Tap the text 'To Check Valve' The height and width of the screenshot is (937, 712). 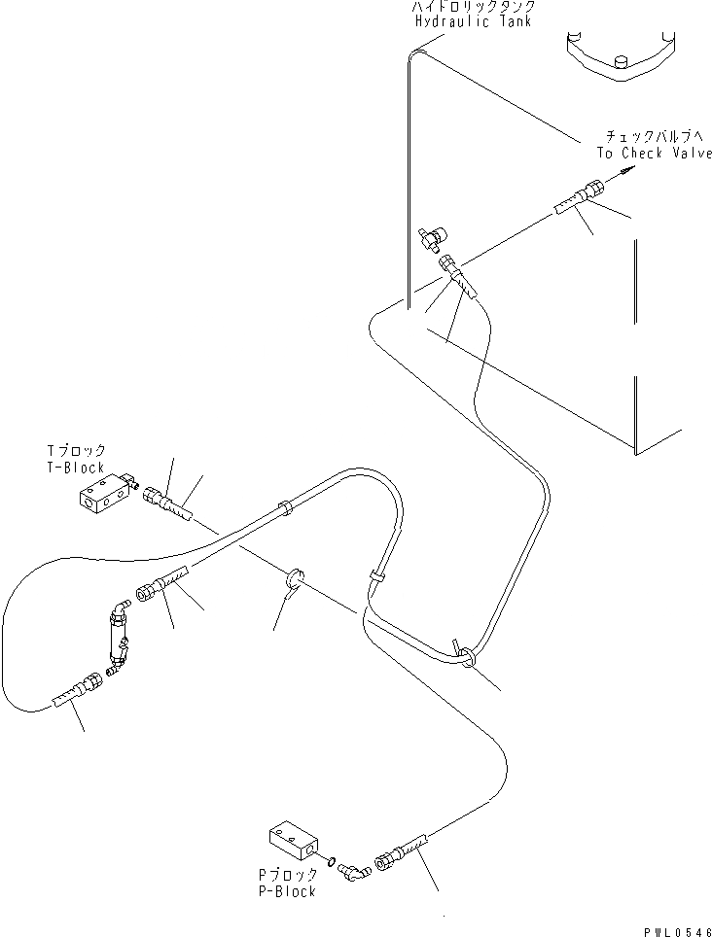point(654,154)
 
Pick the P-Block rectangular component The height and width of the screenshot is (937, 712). point(293,842)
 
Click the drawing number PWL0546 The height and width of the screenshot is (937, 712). point(678,929)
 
